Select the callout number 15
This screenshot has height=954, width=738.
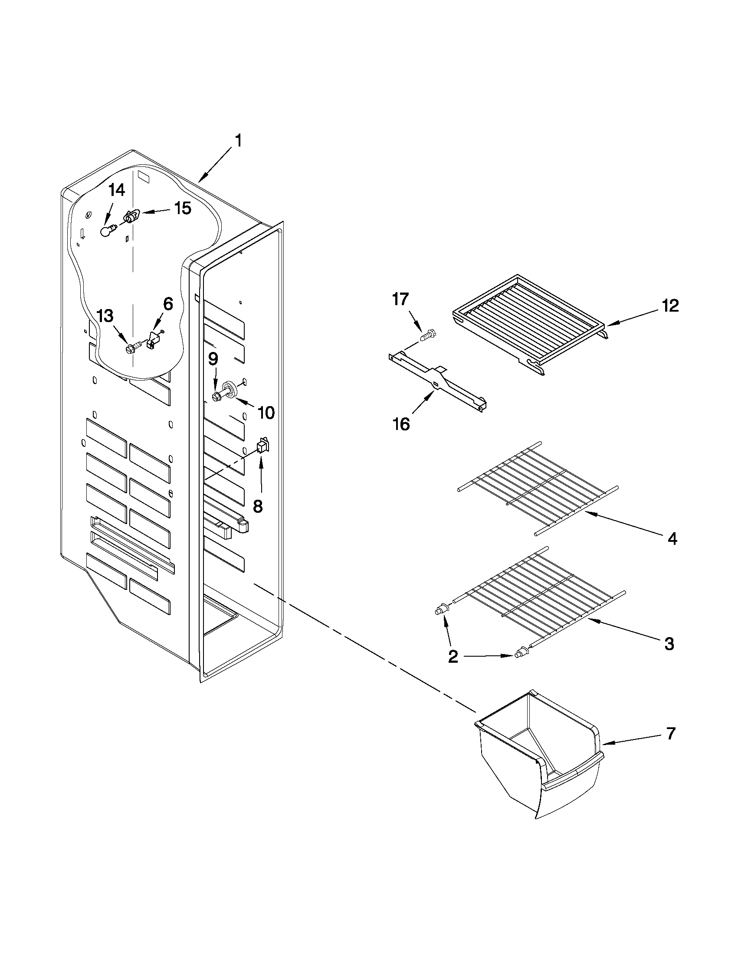(183, 208)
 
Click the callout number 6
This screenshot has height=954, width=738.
(168, 303)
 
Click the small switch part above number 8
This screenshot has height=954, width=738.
(262, 446)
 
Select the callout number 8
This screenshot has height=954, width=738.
(258, 506)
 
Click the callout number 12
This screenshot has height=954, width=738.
(670, 306)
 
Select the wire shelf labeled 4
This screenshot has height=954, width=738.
(538, 487)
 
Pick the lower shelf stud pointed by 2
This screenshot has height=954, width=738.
(520, 665)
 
